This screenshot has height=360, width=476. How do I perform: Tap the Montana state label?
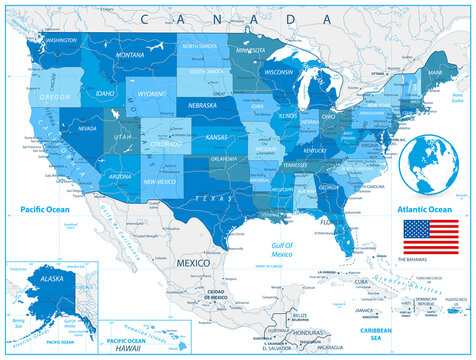(130, 55)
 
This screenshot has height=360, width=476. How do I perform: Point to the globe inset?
(433, 164)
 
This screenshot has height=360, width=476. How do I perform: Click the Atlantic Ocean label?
(426, 209)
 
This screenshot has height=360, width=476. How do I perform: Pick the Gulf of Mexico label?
(286, 249)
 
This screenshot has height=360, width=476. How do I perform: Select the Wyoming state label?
(152, 94)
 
